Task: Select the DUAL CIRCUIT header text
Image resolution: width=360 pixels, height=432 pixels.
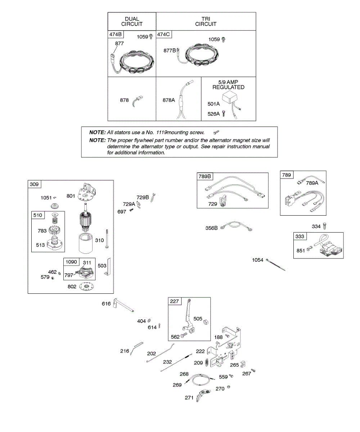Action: (132, 22)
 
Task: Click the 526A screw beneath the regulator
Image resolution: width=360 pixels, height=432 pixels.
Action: (223, 114)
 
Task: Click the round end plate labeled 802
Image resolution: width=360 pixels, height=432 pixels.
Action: (88, 287)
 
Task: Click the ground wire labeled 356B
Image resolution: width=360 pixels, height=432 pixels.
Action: (235, 227)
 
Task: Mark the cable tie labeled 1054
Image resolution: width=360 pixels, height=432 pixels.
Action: (276, 265)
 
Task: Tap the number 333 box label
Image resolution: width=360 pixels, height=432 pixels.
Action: (300, 237)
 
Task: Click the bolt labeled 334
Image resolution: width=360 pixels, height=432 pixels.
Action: (325, 226)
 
